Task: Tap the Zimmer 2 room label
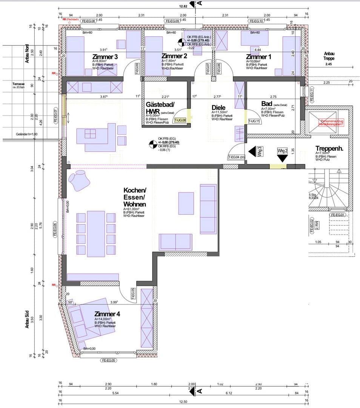tap(174, 56)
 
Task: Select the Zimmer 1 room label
tap(258, 56)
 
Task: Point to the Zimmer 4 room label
tap(107, 314)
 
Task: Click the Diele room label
tap(218, 108)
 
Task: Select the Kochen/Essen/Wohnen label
tap(135, 197)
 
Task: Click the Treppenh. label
tap(329, 148)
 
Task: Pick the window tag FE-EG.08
tap(89, 22)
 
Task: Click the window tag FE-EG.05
tap(109, 360)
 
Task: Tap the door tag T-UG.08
tap(180, 121)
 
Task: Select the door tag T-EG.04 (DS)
tap(237, 157)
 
